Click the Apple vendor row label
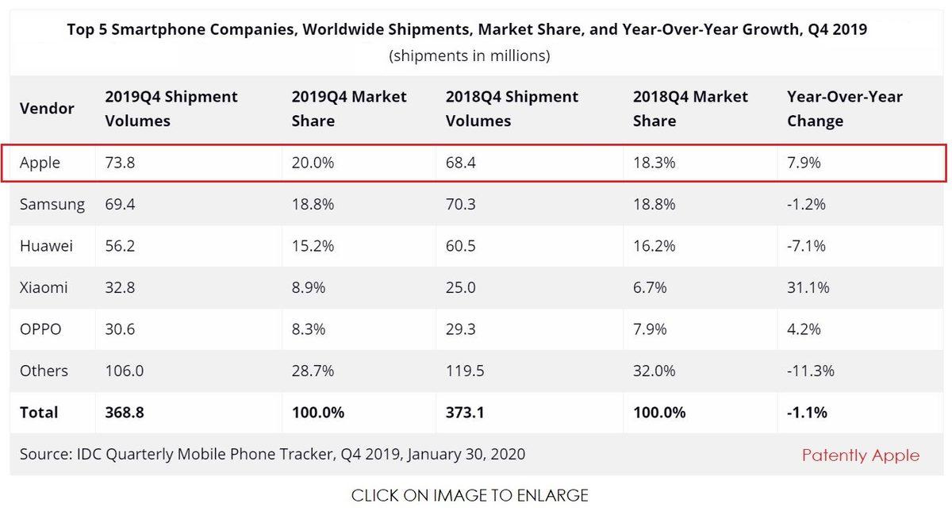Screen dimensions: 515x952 coord(40,163)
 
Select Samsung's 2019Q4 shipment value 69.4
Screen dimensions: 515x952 coord(120,204)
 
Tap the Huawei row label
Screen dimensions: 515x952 coord(46,246)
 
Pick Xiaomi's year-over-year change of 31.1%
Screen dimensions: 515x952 coord(808,287)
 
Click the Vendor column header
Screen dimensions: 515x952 coord(47,109)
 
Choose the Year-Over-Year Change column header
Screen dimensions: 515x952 coord(844,109)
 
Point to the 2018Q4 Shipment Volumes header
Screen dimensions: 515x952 coord(512,109)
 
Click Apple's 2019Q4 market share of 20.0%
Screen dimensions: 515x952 coord(313,163)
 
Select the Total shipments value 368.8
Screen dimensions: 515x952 coord(125,412)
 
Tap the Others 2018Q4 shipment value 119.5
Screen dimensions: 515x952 coord(466,371)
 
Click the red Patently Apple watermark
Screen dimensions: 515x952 coord(861,455)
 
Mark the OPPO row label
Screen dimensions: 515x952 coord(40,329)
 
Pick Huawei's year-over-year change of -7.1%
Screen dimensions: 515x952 coord(806,246)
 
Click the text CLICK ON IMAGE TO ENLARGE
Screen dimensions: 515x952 coord(470,496)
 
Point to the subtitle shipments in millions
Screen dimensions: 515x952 coord(469,56)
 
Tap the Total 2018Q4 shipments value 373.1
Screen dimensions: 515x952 coord(466,412)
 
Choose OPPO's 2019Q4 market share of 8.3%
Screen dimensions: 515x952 coord(309,329)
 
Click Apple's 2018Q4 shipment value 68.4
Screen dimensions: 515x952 coord(461,163)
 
